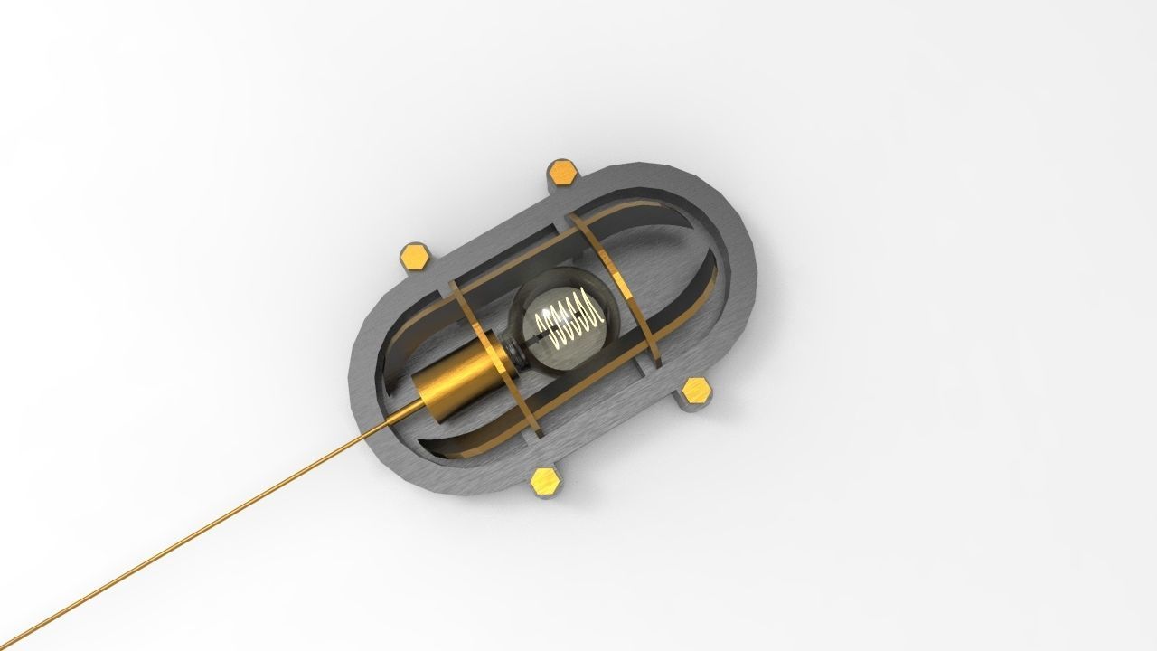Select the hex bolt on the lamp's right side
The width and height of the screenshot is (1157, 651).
pos(696,391)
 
